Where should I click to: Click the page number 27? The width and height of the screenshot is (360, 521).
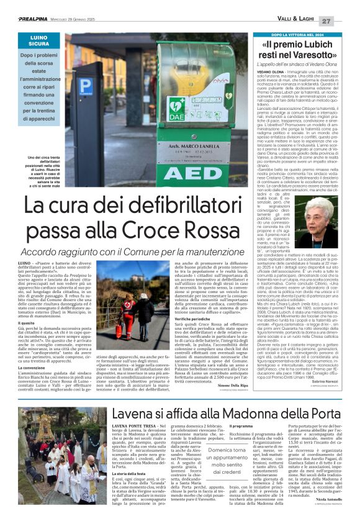click(343, 20)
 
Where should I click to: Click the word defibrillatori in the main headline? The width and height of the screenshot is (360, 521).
click(162, 204)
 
